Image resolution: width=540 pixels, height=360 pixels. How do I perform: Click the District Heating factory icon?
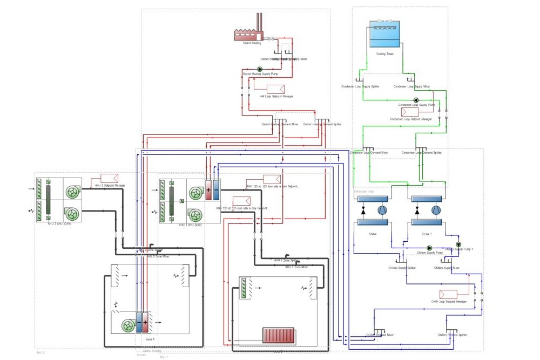click(248, 33)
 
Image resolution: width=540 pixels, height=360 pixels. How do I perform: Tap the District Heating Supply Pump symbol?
click(259, 69)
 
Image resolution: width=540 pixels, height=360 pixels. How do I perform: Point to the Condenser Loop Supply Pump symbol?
click(416, 100)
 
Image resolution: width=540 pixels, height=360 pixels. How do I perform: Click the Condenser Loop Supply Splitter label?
click(360, 86)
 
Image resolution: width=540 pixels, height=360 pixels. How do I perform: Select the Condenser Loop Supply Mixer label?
click(411, 86)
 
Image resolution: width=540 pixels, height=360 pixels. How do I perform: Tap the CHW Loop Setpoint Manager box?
click(448, 294)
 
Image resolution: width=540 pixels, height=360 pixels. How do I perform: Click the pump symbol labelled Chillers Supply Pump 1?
click(458, 244)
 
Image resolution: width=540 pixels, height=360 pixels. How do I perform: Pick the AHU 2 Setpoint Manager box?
click(110, 179)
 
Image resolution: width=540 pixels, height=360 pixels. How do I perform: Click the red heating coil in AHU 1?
click(208, 190)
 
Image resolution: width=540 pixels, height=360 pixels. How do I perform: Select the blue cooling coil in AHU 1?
click(216, 190)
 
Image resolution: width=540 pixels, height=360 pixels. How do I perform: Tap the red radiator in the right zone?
click(278, 335)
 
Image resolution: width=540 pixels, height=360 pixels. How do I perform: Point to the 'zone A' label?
click(150, 339)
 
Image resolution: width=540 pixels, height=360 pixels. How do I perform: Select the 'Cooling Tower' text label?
click(384, 54)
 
